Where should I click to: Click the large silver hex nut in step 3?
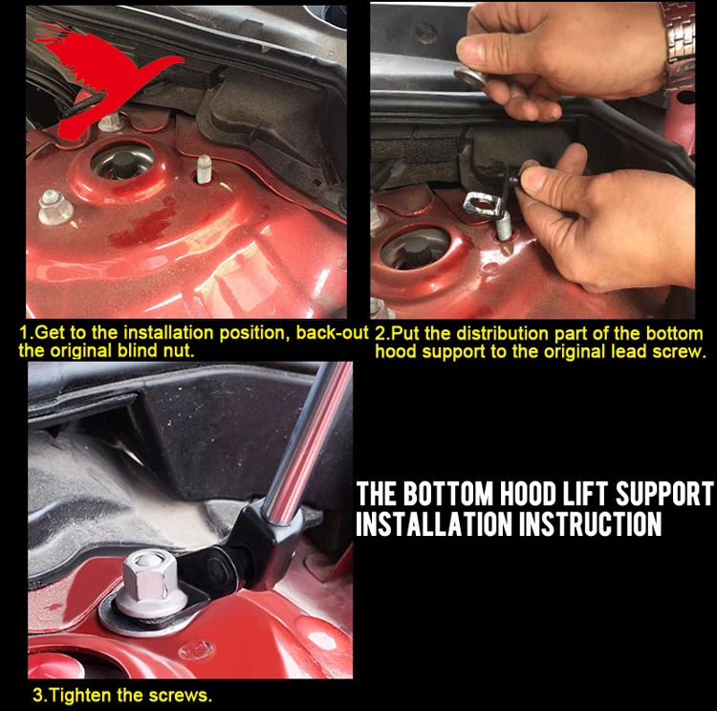(x=149, y=580)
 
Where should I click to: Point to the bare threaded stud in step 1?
(x=204, y=168)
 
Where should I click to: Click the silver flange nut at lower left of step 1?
(x=54, y=207)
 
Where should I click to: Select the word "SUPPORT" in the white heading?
(x=664, y=494)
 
